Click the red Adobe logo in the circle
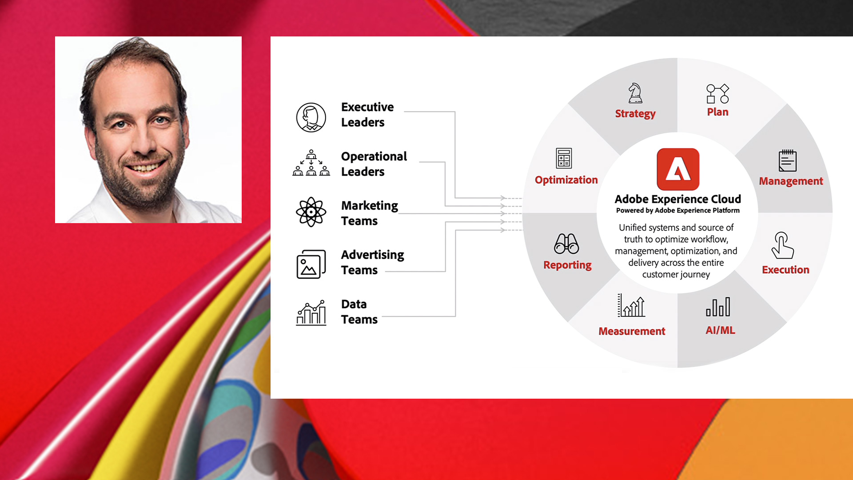pyautogui.click(x=678, y=169)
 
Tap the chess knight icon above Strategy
pyautogui.click(x=635, y=93)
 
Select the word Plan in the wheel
pyautogui.click(x=717, y=112)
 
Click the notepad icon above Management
pyautogui.click(x=788, y=160)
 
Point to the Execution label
pyautogui.click(x=785, y=270)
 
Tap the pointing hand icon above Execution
pyautogui.click(x=782, y=245)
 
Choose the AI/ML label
pyautogui.click(x=720, y=330)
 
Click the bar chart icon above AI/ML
pyautogui.click(x=718, y=307)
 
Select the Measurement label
pyautogui.click(x=632, y=331)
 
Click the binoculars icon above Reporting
pyautogui.click(x=566, y=244)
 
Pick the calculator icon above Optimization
pyautogui.click(x=564, y=158)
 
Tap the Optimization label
pyautogui.click(x=566, y=180)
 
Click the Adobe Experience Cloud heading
pyautogui.click(x=678, y=199)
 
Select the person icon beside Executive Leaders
pyautogui.click(x=311, y=117)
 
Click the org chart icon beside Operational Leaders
pyautogui.click(x=311, y=163)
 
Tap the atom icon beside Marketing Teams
pyautogui.click(x=311, y=212)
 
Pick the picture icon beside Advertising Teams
pyautogui.click(x=311, y=264)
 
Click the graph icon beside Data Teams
pyautogui.click(x=311, y=312)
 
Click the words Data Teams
pyautogui.click(x=359, y=312)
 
